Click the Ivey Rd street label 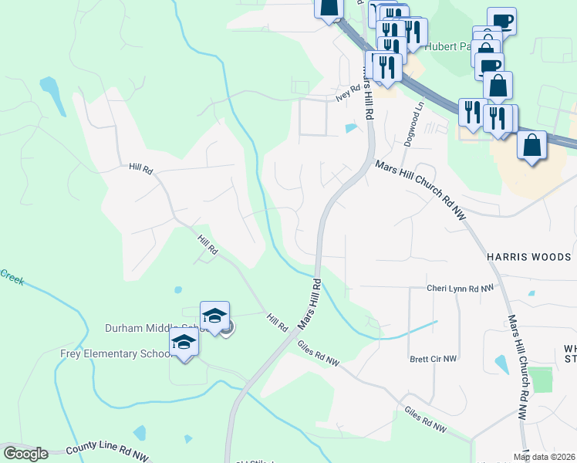pyautogui.click(x=348, y=92)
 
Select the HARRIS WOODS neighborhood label pyautogui.click(x=528, y=257)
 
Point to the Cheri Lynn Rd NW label pyautogui.click(x=460, y=288)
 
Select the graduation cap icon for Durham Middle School pyautogui.click(x=214, y=316)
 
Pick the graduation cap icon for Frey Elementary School pyautogui.click(x=184, y=342)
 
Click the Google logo pyautogui.click(x=25, y=454)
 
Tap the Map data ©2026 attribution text pyautogui.click(x=544, y=457)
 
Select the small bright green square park pyautogui.click(x=542, y=380)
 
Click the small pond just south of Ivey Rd pyautogui.click(x=352, y=128)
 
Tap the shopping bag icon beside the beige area pyautogui.click(x=531, y=145)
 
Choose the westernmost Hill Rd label pyautogui.click(x=142, y=167)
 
